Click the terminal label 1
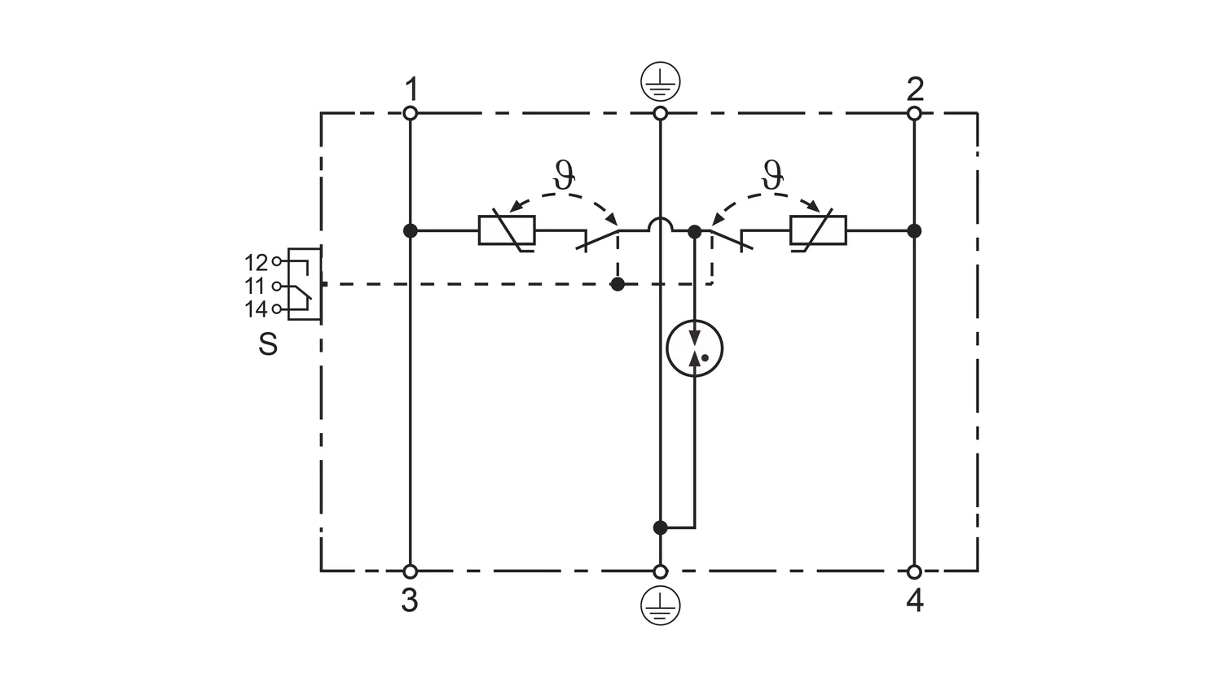point(412,89)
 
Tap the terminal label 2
point(915,89)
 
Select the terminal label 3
point(410,600)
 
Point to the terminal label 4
point(915,601)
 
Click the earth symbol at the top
point(660,81)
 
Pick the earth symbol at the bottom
point(660,606)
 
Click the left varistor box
point(506,230)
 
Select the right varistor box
point(818,230)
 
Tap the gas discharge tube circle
point(694,348)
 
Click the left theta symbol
point(564,174)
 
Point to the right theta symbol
point(772,174)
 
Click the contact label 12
point(256,263)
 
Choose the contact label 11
point(255,287)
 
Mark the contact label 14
point(256,309)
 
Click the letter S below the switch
point(268,344)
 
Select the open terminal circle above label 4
point(914,572)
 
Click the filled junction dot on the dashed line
point(618,284)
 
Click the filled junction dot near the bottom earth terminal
point(660,527)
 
